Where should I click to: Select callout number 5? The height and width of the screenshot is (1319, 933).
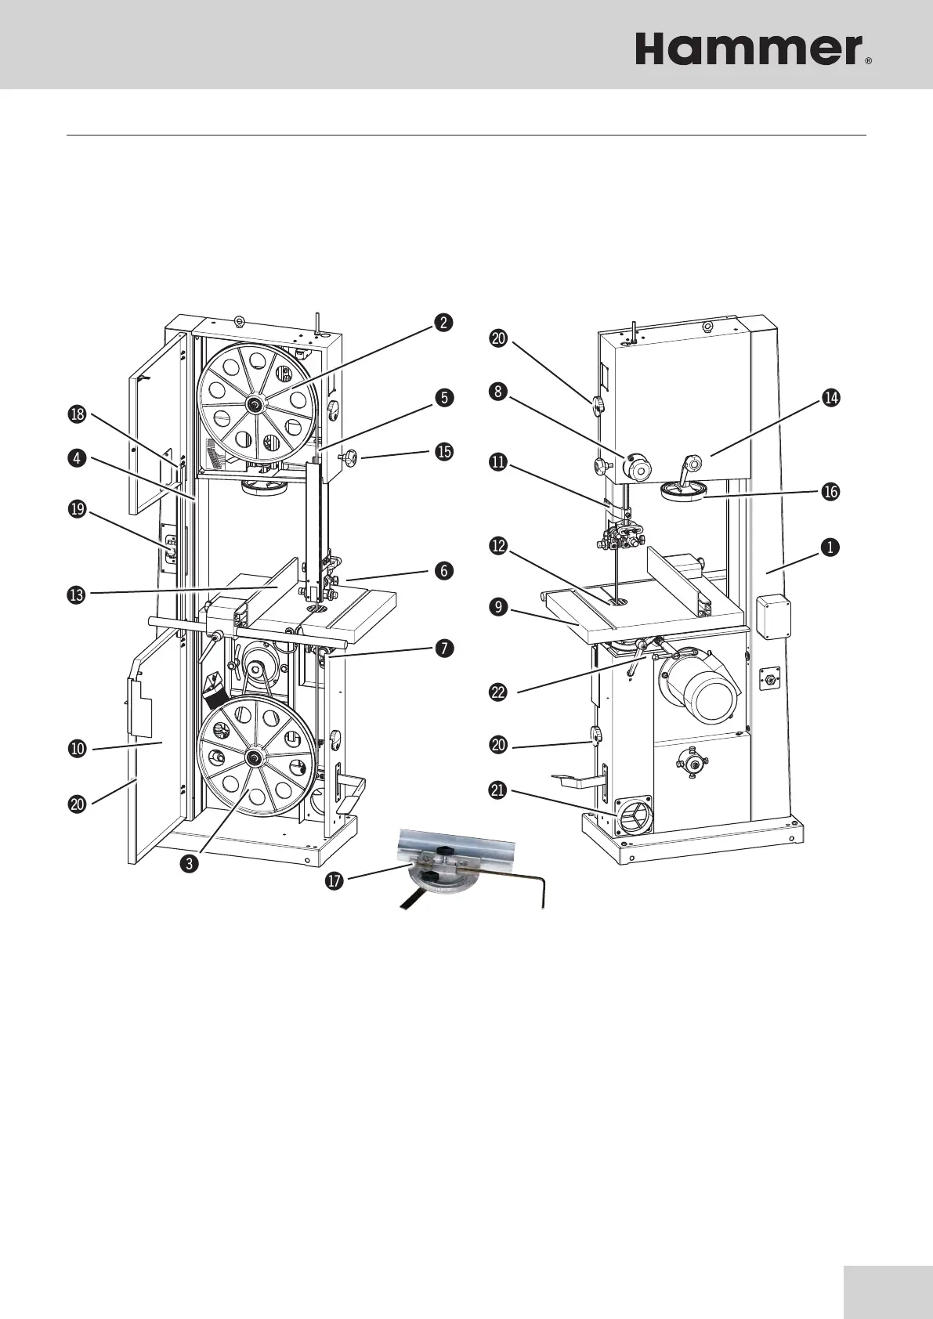coord(444,398)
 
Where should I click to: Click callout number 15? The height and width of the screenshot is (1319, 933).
coord(444,452)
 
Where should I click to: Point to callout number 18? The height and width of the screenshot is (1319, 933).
coord(77,416)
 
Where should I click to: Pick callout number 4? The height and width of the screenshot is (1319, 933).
coord(77,460)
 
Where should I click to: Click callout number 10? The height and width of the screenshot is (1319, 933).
coord(78,749)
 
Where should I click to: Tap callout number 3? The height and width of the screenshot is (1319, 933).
coord(188,864)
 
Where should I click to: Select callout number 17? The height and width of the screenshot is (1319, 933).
coord(334,880)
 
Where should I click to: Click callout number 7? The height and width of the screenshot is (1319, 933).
coord(444,648)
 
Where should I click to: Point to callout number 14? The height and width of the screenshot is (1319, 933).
coord(831,398)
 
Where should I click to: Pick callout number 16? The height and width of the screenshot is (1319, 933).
coord(831,491)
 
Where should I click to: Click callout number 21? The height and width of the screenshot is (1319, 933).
coord(497,791)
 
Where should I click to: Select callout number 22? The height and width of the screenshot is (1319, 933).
coord(497,692)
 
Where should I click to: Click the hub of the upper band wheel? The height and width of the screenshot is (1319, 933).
coord(255,403)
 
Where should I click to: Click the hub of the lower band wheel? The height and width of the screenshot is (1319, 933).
coord(255,757)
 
